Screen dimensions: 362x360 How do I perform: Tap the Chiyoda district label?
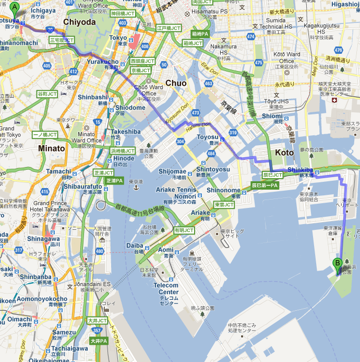79,21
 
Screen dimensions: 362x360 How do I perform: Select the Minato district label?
51,148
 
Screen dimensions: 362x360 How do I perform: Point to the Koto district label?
284,152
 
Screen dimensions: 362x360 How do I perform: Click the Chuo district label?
176,83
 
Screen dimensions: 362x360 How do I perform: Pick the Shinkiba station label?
299,169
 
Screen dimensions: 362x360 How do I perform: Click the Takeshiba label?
126,132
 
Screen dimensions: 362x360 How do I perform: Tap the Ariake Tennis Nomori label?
178,193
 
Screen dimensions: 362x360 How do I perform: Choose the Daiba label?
135,245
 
